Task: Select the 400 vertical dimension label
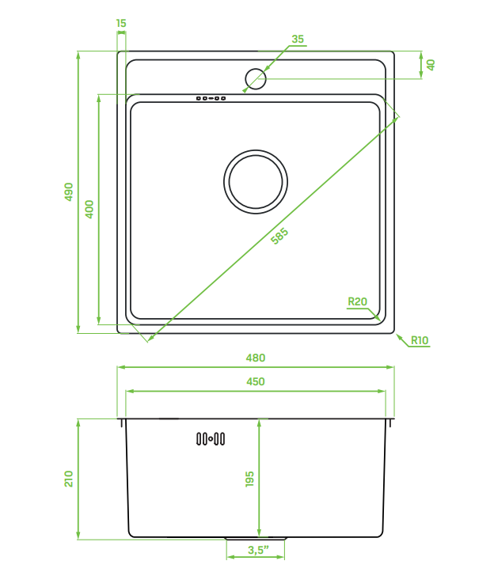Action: pos(89,209)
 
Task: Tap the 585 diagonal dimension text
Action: pos(279,237)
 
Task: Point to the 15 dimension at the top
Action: pos(120,24)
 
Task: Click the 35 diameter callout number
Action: pos(298,39)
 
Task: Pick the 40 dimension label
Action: pos(431,65)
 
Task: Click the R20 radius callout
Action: pos(358,301)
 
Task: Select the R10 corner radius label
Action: pos(420,341)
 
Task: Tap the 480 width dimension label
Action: pos(255,358)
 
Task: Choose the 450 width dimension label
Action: pos(255,381)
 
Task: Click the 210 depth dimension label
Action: pos(69,479)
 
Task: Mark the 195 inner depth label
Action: pos(249,479)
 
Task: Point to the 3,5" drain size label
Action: pos(258,550)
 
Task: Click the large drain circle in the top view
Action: pos(255,181)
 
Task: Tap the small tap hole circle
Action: pos(255,78)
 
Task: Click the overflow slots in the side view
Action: pos(211,438)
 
